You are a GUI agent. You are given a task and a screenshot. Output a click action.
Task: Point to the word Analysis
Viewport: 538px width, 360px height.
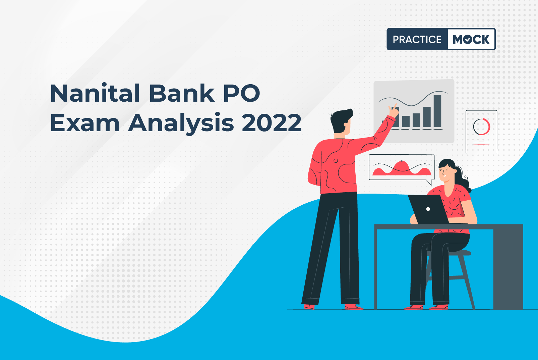(x=181, y=124)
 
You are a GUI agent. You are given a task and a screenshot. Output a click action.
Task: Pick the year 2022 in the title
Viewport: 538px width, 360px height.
(x=272, y=122)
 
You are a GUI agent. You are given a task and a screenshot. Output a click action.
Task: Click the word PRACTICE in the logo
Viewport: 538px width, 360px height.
(x=417, y=40)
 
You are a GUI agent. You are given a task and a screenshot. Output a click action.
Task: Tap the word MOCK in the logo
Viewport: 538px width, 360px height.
(x=471, y=40)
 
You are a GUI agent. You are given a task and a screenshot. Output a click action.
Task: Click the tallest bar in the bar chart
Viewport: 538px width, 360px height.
(x=437, y=111)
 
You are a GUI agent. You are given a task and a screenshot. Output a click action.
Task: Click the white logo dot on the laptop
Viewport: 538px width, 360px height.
(x=428, y=209)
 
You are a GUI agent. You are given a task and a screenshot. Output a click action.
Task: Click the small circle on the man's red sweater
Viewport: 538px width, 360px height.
(x=336, y=161)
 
